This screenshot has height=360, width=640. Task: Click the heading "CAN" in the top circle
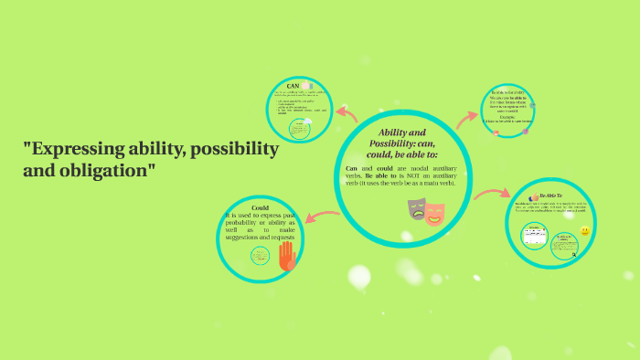[293, 86]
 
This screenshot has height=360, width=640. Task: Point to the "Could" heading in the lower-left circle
[260, 207]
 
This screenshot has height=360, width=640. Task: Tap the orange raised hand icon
[287, 256]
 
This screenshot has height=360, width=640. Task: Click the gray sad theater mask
[417, 209]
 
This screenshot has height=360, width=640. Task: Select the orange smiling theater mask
[434, 214]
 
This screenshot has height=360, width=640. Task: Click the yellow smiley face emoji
[585, 231]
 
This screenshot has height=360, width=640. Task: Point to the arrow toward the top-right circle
[467, 117]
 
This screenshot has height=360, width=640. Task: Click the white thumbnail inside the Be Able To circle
[534, 236]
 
